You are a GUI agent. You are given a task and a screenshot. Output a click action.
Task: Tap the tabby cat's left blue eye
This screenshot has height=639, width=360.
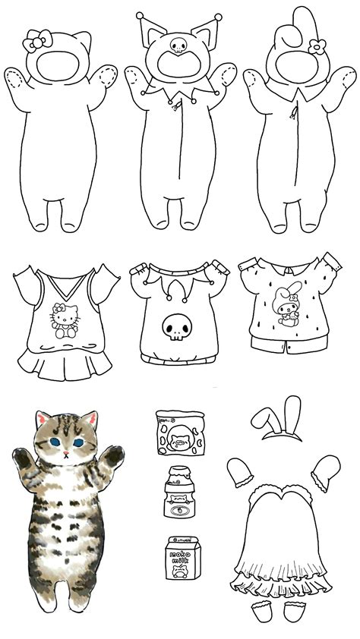pyautogui.click(x=55, y=442)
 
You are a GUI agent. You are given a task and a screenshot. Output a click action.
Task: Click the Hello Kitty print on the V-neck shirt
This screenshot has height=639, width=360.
pyautogui.click(x=66, y=319)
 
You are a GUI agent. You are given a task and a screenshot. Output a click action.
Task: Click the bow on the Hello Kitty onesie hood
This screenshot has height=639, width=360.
pyautogui.click(x=36, y=42)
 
